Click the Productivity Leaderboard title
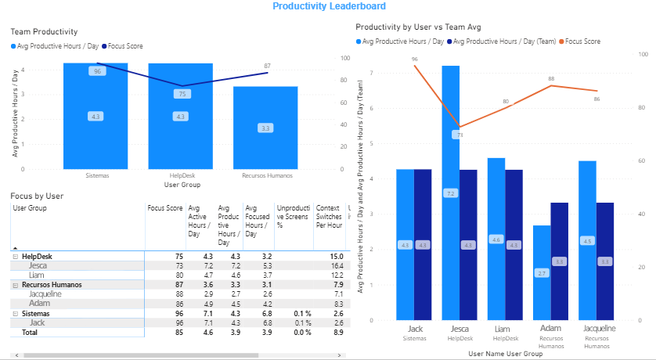(x=329, y=6)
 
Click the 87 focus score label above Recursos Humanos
(x=268, y=67)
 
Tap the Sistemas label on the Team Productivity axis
(x=97, y=176)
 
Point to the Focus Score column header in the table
(x=164, y=208)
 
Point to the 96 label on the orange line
(x=414, y=59)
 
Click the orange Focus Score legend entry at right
(x=582, y=41)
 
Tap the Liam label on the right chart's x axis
(x=496, y=329)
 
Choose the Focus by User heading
(x=37, y=195)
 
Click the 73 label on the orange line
(x=460, y=135)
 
